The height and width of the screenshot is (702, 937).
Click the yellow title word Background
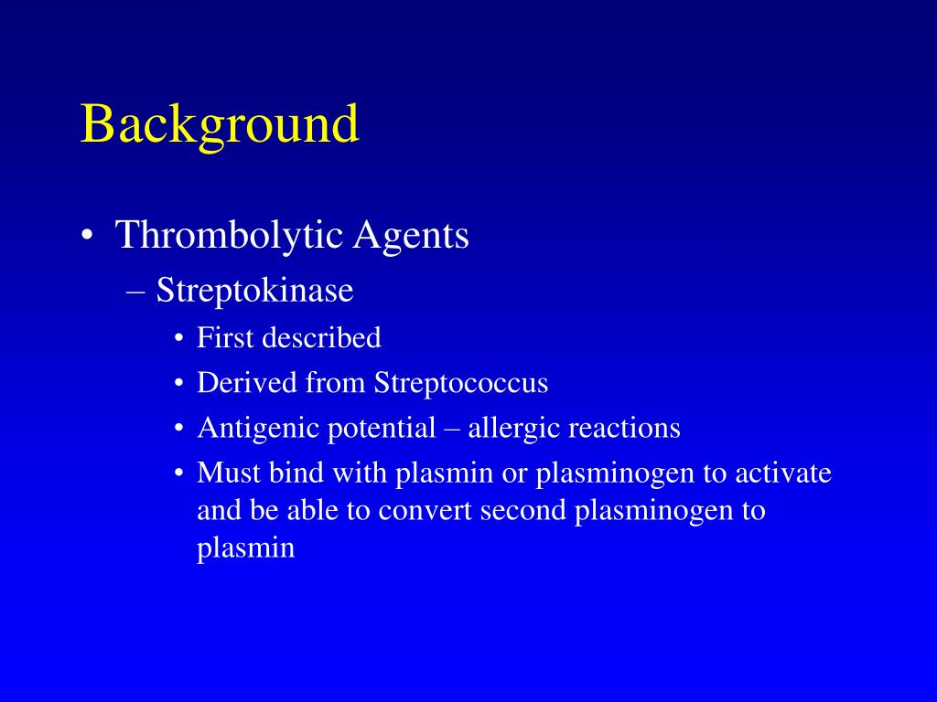(220, 125)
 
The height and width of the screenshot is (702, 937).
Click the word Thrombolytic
(230, 236)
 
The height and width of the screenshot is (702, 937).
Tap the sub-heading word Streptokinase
(254, 291)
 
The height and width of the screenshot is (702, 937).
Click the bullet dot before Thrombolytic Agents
(87, 238)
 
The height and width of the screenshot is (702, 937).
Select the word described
(321, 338)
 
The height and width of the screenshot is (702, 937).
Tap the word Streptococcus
(460, 383)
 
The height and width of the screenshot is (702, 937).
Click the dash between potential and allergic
(452, 429)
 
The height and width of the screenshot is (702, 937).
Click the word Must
(229, 473)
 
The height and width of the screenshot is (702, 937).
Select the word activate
(783, 473)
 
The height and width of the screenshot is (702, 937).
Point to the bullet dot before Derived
(179, 384)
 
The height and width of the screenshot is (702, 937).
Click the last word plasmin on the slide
(246, 548)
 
